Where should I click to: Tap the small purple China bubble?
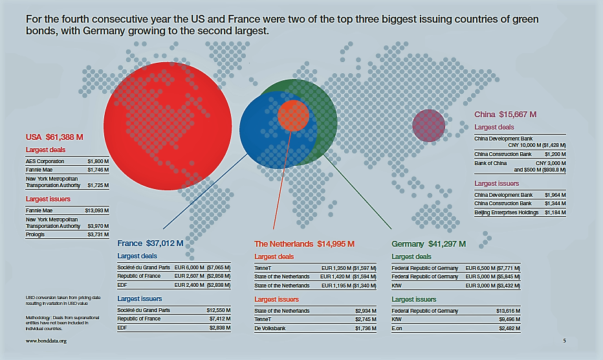[428, 126]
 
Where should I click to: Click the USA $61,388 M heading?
[55, 137]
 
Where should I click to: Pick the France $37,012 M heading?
[150, 244]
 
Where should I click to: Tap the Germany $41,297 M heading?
[428, 244]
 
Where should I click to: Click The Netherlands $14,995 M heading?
[304, 244]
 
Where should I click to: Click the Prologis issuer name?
[36, 234]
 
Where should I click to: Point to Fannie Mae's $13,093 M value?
[97, 210]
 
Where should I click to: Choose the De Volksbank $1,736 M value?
[366, 329]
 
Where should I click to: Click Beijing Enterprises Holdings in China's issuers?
[507, 212]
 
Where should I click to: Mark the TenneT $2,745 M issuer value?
[366, 320]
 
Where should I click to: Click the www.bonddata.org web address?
[46, 341]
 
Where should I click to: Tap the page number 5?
[564, 341]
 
